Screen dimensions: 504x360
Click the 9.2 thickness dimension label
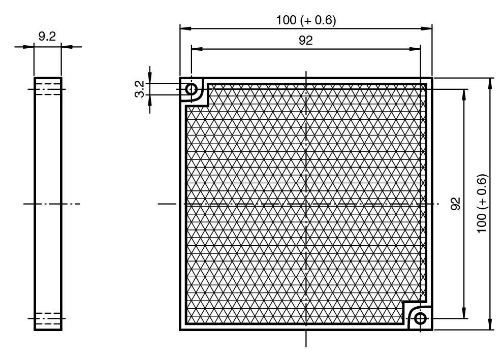click(47, 36)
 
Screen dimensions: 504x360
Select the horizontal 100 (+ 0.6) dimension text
click(306, 20)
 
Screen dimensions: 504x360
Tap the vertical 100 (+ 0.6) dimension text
click(482, 204)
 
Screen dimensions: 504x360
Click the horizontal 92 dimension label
click(305, 40)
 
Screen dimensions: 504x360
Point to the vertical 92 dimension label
click(455, 204)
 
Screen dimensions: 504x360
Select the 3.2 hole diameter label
click(140, 89)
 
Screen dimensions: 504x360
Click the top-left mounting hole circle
click(191, 89)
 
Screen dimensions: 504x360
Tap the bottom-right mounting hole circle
click(420, 318)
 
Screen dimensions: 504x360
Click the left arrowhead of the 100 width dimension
click(185, 28)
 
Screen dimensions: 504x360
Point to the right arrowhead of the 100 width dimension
click(426, 28)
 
